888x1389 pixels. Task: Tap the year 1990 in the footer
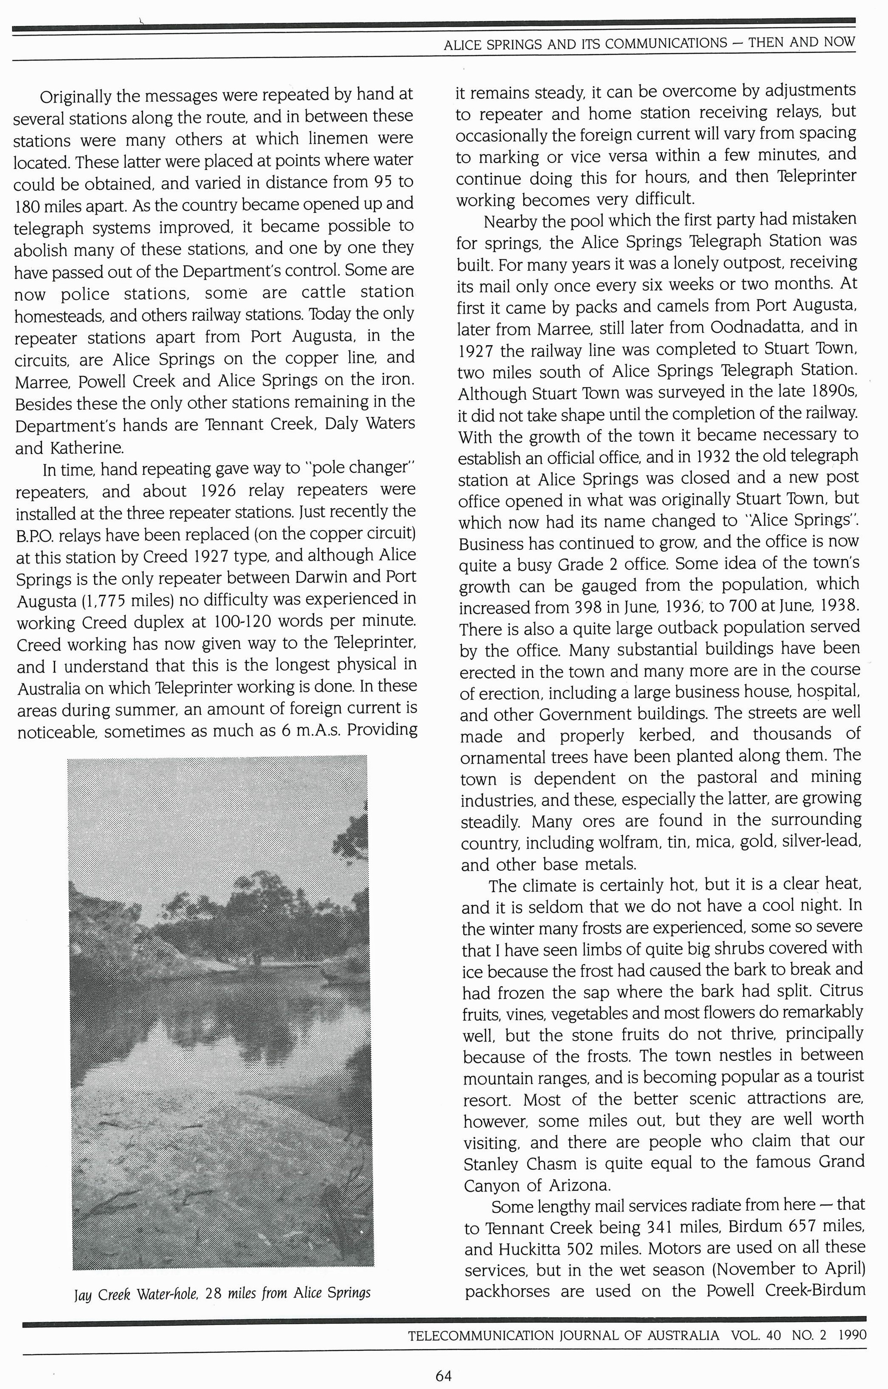pyautogui.click(x=852, y=1335)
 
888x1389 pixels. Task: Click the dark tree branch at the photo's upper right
pyautogui.click(x=352, y=834)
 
